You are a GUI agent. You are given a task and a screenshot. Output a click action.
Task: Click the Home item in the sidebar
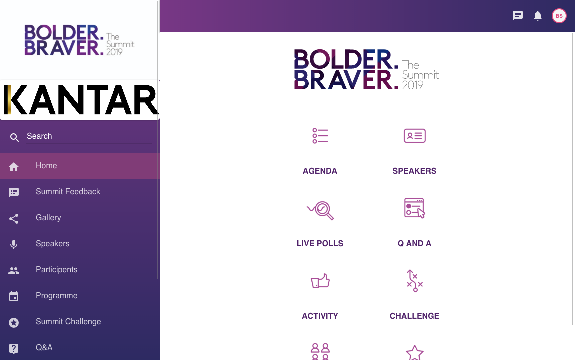pyautogui.click(x=79, y=166)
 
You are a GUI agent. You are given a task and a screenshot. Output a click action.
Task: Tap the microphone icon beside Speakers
pyautogui.click(x=14, y=244)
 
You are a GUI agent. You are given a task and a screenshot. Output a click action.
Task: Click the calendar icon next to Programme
pyautogui.click(x=14, y=296)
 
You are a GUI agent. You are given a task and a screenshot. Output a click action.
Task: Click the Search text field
pyautogui.click(x=89, y=136)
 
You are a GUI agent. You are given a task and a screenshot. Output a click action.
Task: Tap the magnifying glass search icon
pyautogui.click(x=14, y=137)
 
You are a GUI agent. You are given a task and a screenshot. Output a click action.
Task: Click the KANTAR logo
pyautogui.click(x=80, y=100)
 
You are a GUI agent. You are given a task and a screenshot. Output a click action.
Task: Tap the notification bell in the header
pyautogui.click(x=538, y=16)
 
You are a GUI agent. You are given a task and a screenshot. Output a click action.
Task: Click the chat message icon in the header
pyautogui.click(x=518, y=16)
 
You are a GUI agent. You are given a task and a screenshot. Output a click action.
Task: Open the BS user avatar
pyautogui.click(x=559, y=16)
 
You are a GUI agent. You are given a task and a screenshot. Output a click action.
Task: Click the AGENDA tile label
pyautogui.click(x=320, y=171)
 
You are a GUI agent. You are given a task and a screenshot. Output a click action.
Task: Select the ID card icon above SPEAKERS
pyautogui.click(x=414, y=136)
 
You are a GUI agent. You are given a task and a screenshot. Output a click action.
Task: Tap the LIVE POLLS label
pyautogui.click(x=320, y=244)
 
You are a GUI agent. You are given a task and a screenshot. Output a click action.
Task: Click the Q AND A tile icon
pyautogui.click(x=414, y=208)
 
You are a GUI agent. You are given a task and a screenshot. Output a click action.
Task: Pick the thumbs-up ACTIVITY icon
pyautogui.click(x=320, y=281)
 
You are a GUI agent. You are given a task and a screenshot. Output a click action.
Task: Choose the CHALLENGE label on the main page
pyautogui.click(x=414, y=316)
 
